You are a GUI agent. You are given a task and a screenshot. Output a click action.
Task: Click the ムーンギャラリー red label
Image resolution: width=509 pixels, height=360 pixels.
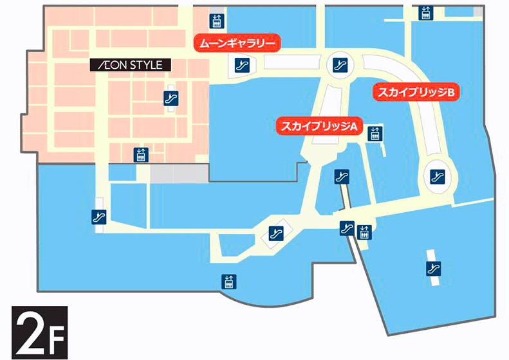[237, 44]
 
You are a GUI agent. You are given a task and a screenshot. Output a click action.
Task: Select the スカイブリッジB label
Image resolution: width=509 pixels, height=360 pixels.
[416, 93]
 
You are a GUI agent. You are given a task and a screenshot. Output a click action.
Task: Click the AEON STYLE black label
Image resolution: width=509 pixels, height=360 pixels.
[131, 65]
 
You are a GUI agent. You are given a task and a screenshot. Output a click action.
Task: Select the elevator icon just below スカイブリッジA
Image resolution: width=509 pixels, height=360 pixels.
[375, 134]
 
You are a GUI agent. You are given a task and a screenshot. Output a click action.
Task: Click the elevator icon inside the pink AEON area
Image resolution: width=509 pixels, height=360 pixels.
[141, 154]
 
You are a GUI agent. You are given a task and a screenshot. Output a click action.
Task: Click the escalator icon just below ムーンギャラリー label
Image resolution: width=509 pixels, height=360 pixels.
[243, 64]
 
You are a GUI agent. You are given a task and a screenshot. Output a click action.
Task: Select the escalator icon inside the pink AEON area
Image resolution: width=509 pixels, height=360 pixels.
[171, 98]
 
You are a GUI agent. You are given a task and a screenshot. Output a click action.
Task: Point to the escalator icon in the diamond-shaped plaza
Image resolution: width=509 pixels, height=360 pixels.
[276, 233]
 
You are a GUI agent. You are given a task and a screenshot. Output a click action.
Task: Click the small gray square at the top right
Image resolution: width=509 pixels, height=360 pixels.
[478, 12]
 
